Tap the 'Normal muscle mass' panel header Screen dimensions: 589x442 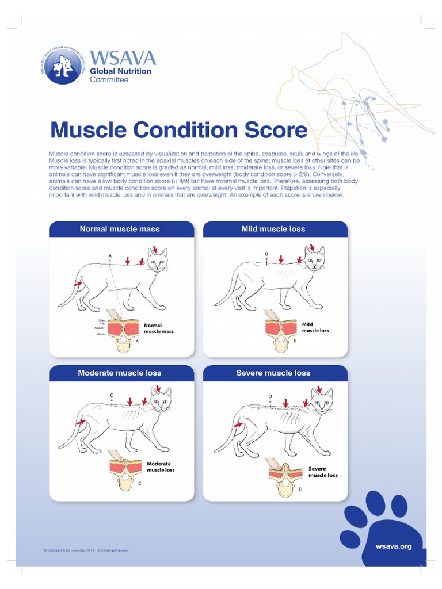119,229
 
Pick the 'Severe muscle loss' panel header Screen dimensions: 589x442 273,373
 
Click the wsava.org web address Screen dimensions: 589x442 394,546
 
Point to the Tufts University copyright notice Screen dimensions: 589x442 85,550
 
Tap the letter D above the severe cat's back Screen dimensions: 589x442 270,397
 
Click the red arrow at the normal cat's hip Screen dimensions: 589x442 77,284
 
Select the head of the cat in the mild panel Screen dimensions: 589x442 314,261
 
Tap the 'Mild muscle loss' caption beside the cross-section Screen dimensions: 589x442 315,327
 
